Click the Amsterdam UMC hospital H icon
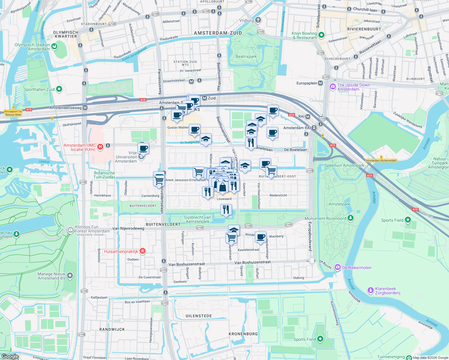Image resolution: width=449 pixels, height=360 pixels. pyautogui.click(x=100, y=147)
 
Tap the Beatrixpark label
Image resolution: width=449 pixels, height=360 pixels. pyautogui.click(x=246, y=56)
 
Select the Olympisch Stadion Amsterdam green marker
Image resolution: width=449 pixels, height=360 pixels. pyautogui.click(x=54, y=46)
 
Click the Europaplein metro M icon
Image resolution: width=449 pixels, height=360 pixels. pyautogui.click(x=321, y=83)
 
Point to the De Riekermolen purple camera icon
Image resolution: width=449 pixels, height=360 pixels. pyautogui.click(x=338, y=267)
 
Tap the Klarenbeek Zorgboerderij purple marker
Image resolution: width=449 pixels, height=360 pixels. pyautogui.click(x=371, y=290)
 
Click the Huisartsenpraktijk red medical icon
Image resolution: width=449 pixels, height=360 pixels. pyautogui.click(x=143, y=251)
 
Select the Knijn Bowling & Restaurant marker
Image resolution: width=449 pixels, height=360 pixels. pyautogui.click(x=321, y=35)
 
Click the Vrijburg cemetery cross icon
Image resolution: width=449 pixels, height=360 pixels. pyautogui.click(x=258, y=20)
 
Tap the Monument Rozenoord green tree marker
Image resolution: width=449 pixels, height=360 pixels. pyautogui.click(x=351, y=218)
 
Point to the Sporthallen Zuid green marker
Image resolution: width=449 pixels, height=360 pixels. pyautogui.click(x=59, y=89)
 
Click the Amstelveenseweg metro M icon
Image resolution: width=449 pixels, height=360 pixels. pyautogui.click(x=85, y=108)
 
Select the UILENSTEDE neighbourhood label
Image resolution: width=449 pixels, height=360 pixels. pyautogui.click(x=199, y=316)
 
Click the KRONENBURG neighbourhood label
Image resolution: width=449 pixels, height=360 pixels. pyautogui.click(x=243, y=334)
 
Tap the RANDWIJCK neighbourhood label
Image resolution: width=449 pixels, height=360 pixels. pyautogui.click(x=112, y=329)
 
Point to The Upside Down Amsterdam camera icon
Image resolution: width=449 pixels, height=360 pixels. pyautogui.click(x=333, y=87)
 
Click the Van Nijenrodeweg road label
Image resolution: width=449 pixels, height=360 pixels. pyautogui.click(x=128, y=228)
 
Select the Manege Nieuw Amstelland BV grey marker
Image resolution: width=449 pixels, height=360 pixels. pyautogui.click(x=70, y=275)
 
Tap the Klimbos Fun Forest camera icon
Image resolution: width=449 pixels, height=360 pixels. pyautogui.click(x=70, y=230)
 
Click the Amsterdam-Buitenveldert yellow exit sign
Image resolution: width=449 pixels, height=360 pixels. pyautogui.click(x=381, y=160)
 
